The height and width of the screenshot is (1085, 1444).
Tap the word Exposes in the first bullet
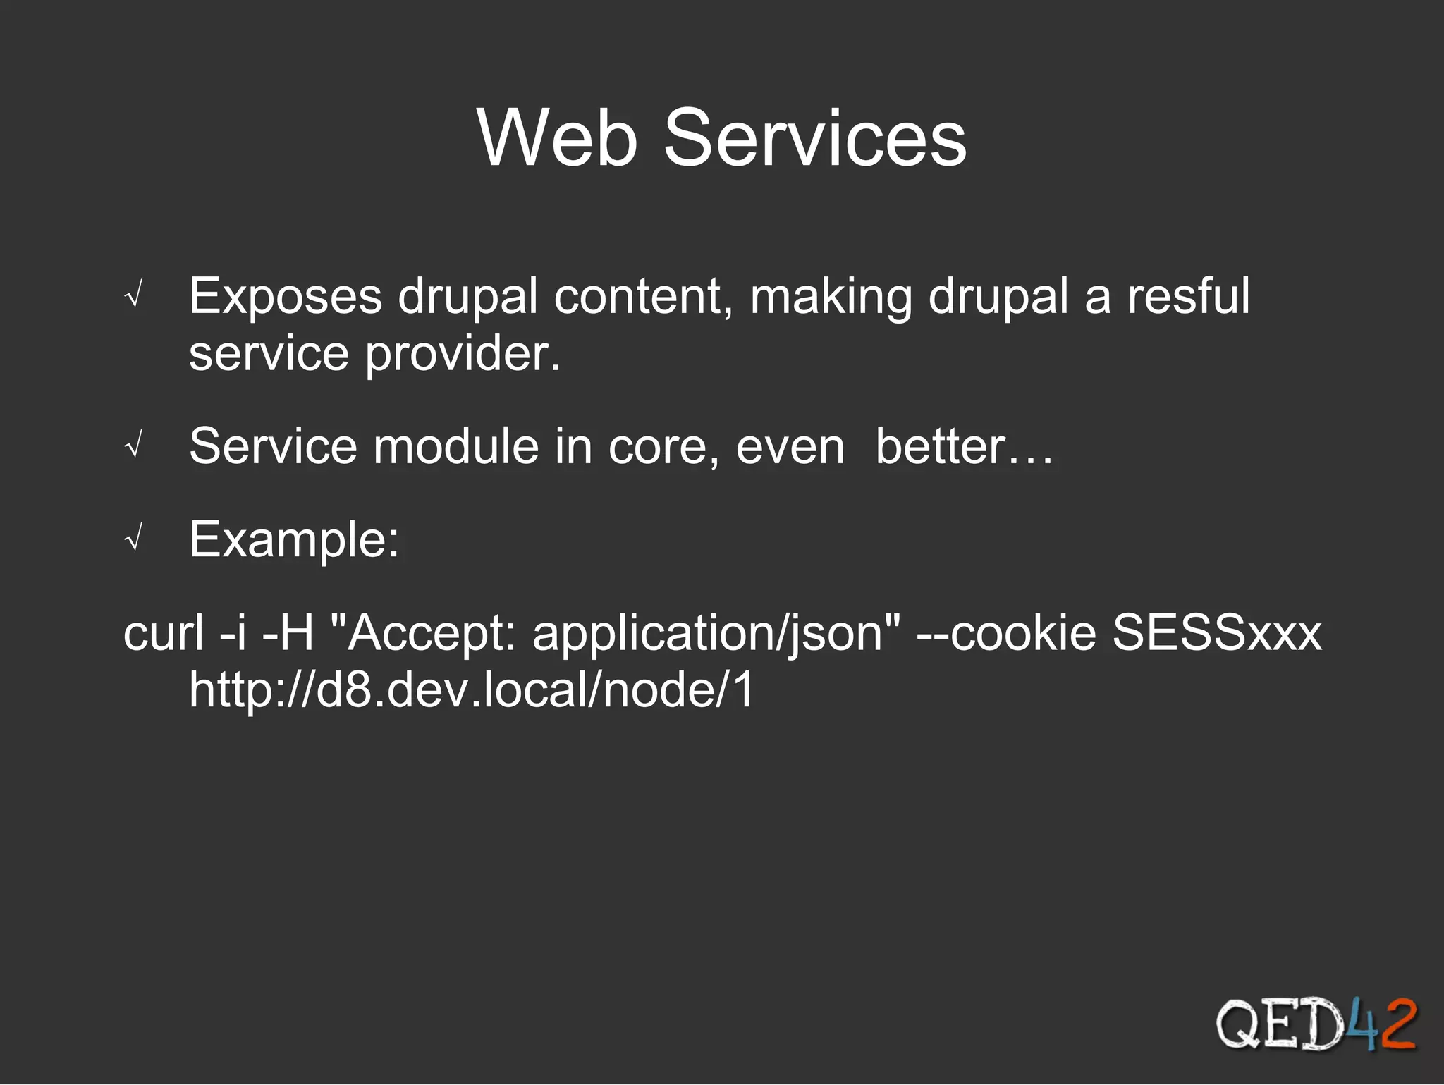[286, 296]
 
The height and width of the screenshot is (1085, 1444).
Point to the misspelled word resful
[1188, 296]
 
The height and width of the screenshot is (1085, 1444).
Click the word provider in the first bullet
[462, 354]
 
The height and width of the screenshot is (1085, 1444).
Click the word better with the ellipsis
[963, 446]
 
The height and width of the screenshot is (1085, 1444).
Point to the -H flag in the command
[288, 632]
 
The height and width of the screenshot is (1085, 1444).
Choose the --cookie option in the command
[1006, 632]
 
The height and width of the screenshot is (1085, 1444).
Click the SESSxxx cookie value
[1216, 632]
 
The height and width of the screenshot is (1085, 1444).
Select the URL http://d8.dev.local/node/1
[472, 689]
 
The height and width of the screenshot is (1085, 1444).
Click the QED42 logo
[1315, 1024]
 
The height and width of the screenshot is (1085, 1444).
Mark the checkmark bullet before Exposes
[133, 296]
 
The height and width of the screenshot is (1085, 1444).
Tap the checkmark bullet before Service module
[133, 446]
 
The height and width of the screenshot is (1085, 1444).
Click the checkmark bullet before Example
[133, 540]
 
